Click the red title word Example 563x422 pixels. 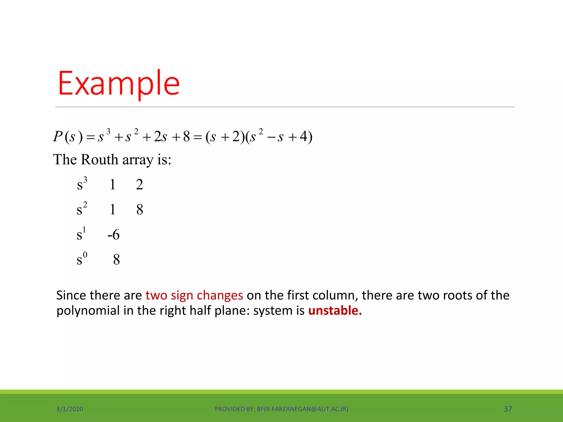(x=119, y=83)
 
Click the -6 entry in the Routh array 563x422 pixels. (x=114, y=235)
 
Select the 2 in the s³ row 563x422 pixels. (x=139, y=184)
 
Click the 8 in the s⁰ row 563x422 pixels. (x=117, y=260)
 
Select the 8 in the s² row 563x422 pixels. (x=140, y=210)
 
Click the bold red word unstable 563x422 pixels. (x=335, y=311)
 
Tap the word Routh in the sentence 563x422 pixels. (x=100, y=160)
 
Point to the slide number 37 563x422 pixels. (x=508, y=409)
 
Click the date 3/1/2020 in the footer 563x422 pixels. (x=70, y=409)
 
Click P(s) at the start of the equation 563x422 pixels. (x=68, y=137)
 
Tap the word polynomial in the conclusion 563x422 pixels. (x=88, y=311)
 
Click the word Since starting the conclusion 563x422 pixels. (x=71, y=295)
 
